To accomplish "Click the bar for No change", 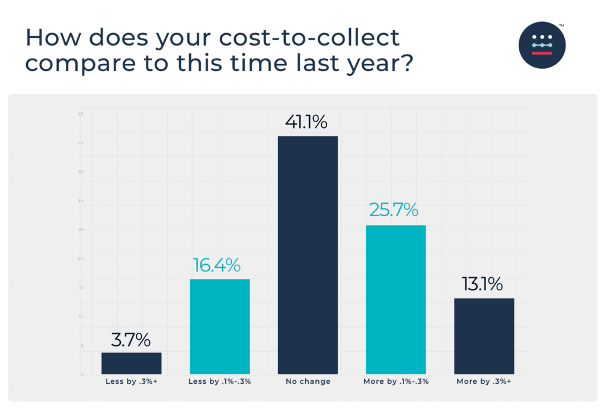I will [308, 255].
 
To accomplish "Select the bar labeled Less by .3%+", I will [131, 363].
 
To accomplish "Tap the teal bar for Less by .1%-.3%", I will [219, 326].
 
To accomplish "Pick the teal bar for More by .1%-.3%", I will [395, 300].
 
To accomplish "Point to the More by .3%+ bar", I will [484, 336].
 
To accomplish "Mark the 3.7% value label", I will [130, 340].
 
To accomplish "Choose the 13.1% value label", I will [483, 284].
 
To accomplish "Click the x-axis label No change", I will [308, 382].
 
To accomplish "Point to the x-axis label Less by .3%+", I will [131, 382].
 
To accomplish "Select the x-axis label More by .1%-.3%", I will [396, 382].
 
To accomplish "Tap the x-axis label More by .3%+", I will [484, 382].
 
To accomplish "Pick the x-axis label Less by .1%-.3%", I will [219, 382].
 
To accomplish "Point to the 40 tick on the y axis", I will [80, 143].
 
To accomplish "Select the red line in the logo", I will [542, 53].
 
